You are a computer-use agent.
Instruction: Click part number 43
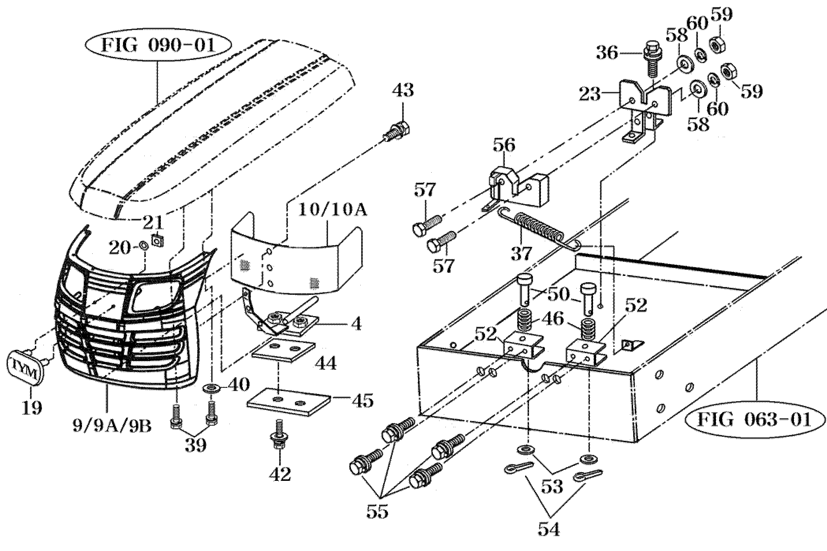click(x=403, y=90)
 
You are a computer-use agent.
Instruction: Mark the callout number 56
click(x=504, y=145)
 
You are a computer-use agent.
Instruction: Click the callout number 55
click(x=378, y=510)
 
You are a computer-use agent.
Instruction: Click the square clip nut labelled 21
click(x=157, y=239)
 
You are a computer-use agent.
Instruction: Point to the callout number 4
click(x=356, y=324)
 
